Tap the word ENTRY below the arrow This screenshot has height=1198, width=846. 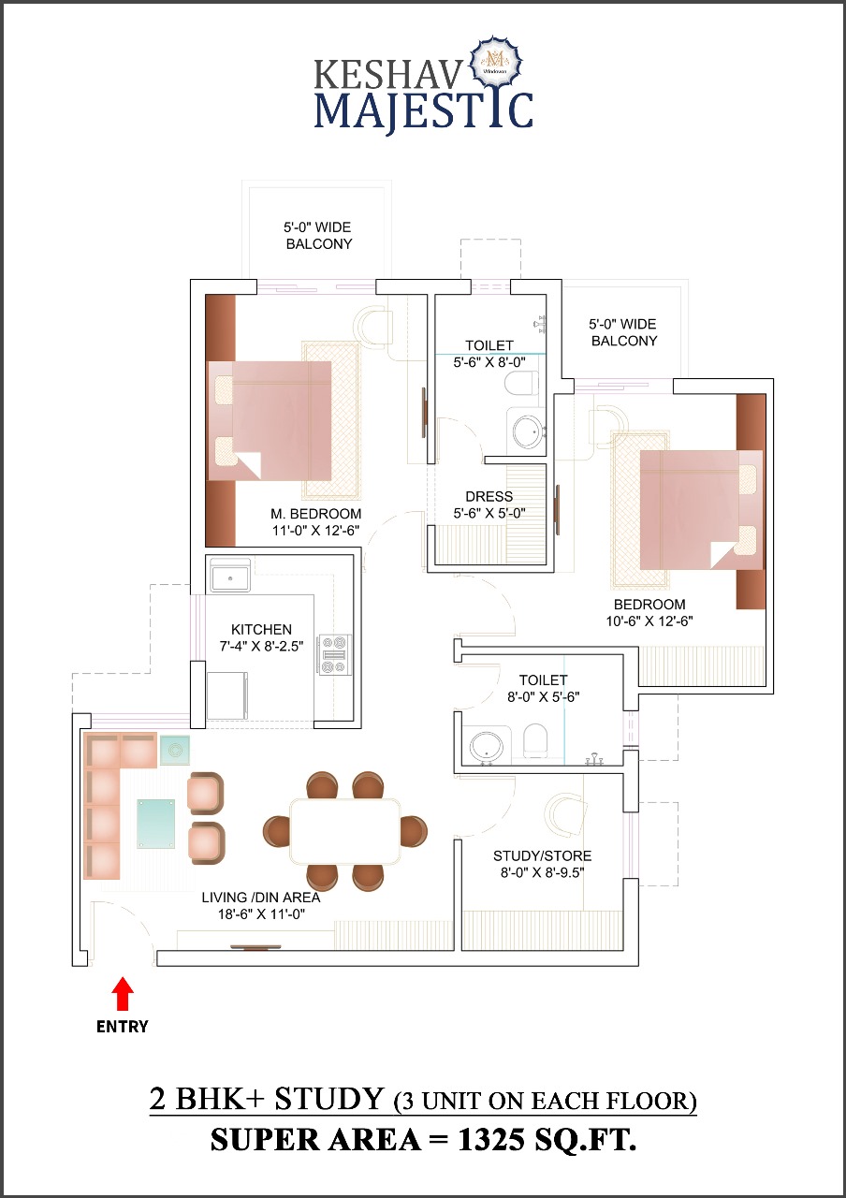click(x=123, y=1027)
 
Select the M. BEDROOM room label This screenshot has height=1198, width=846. click(x=315, y=514)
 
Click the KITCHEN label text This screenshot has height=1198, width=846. click(x=261, y=630)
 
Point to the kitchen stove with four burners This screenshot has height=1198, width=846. click(x=334, y=654)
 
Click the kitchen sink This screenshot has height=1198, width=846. click(x=230, y=576)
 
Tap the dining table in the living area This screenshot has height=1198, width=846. click(x=344, y=831)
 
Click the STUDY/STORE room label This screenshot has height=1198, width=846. click(x=542, y=855)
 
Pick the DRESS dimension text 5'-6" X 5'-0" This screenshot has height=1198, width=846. click(x=489, y=513)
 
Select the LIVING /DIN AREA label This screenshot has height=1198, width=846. click(x=261, y=897)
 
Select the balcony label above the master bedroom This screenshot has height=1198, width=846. click(x=318, y=235)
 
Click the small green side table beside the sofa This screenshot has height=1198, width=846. click(x=174, y=750)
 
